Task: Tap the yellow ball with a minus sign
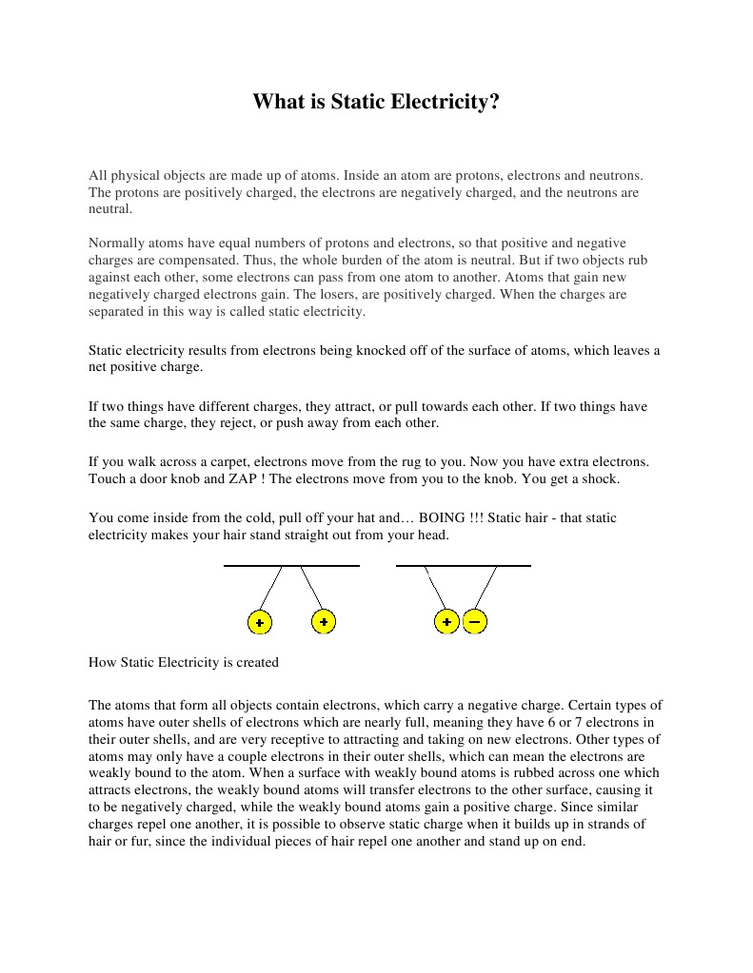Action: (x=475, y=622)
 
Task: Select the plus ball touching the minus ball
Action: (x=446, y=622)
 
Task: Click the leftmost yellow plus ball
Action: (x=259, y=622)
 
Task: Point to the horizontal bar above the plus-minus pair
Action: (x=463, y=566)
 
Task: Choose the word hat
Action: (x=363, y=517)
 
